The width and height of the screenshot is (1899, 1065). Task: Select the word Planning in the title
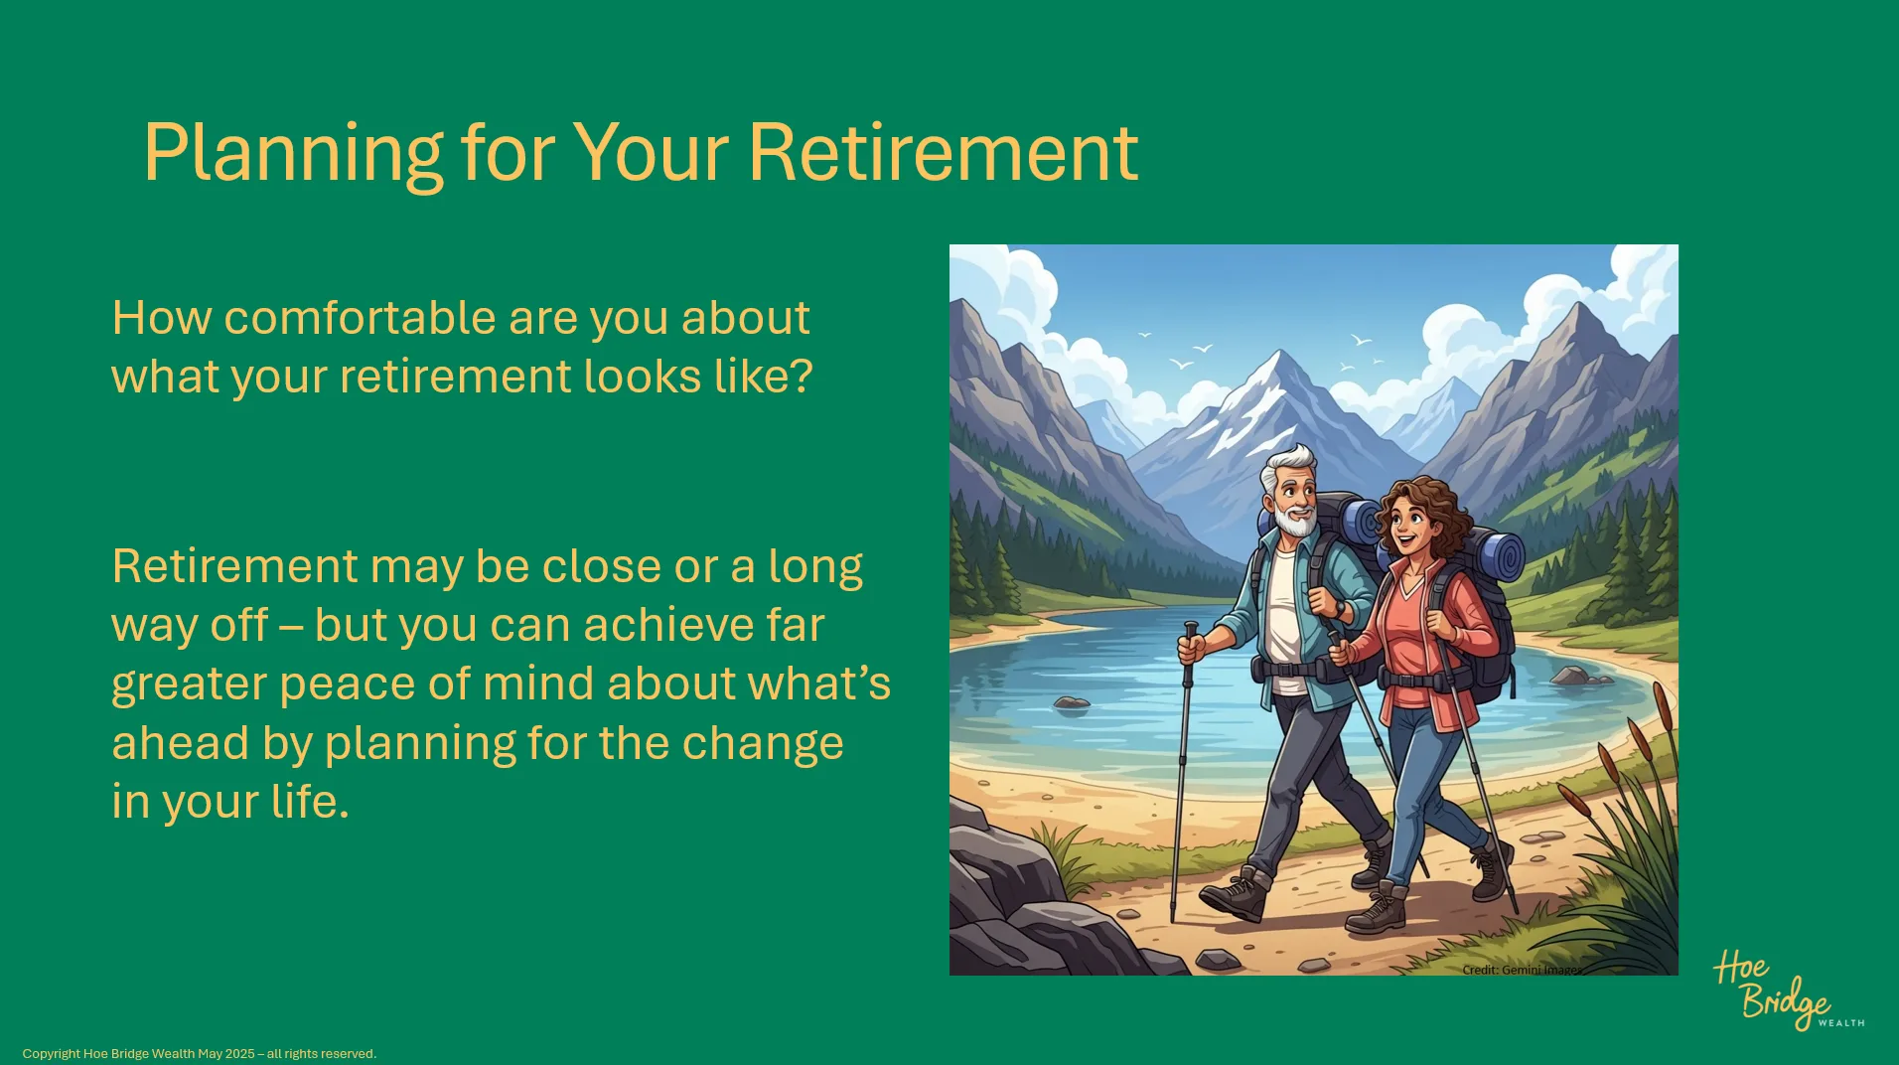293,154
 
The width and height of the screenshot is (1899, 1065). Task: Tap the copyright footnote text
200,1054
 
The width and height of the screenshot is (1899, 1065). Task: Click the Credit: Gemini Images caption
1521,970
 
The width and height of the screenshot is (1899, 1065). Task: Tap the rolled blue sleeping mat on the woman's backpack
1500,554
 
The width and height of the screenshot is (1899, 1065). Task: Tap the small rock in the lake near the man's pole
1072,703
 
